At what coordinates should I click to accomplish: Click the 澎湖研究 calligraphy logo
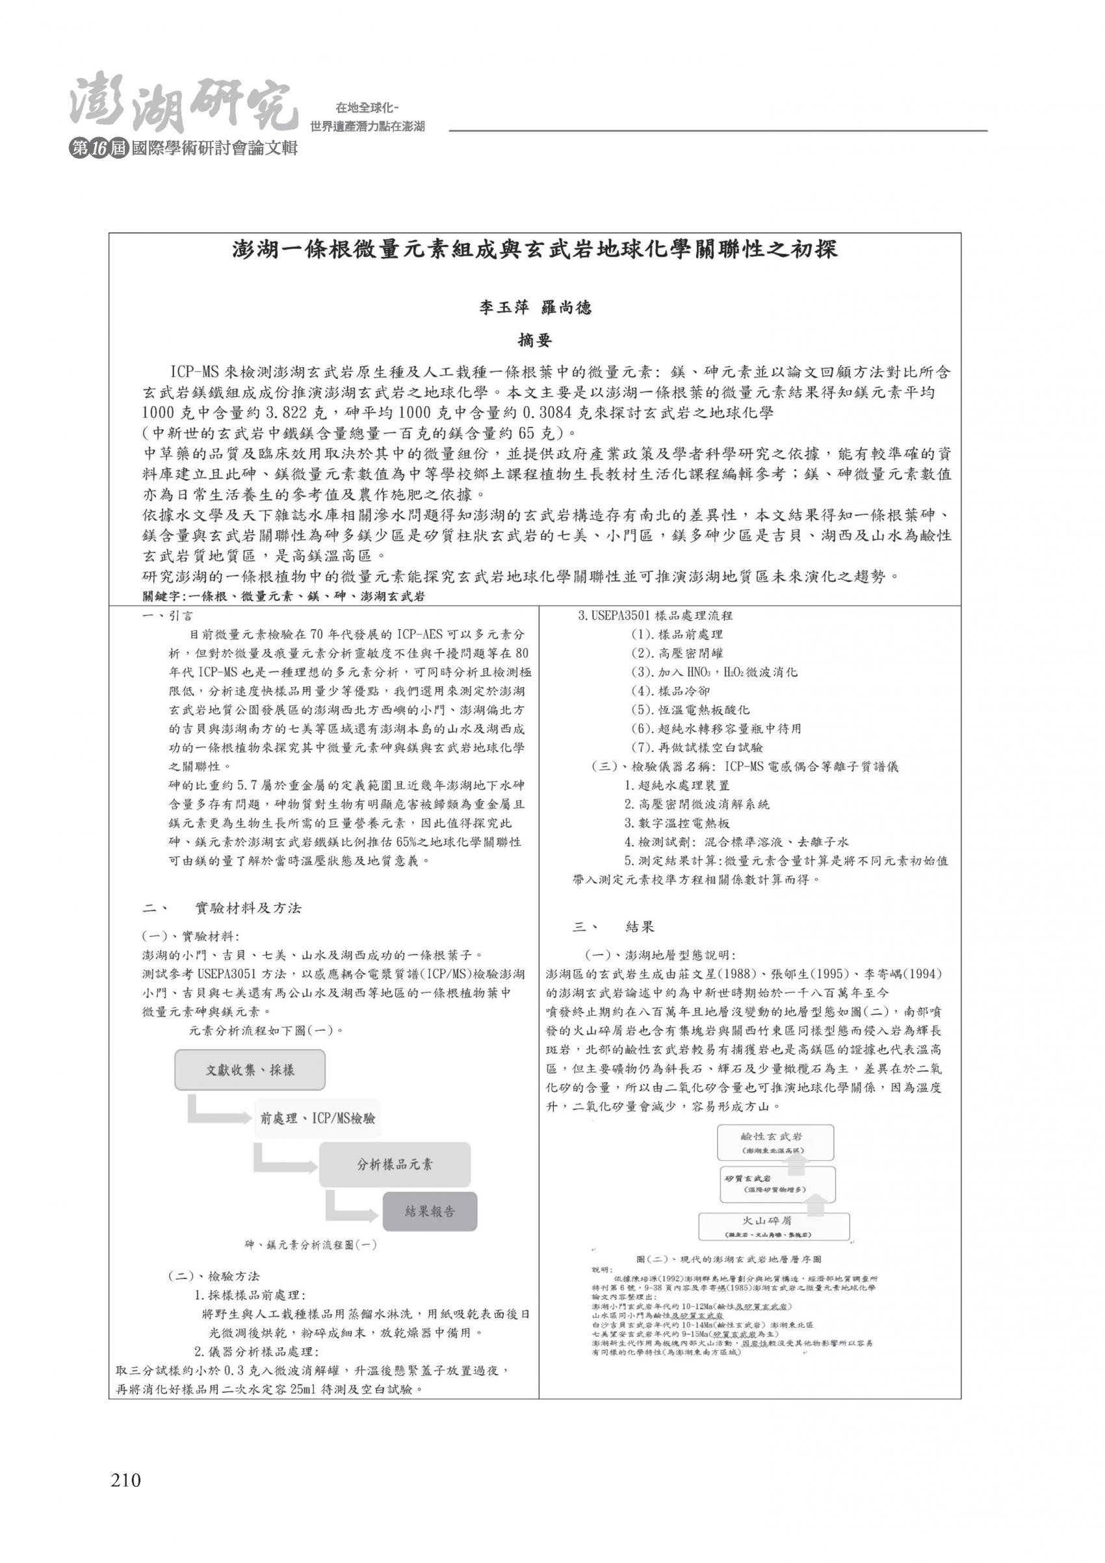point(184,105)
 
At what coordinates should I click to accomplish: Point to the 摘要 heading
point(534,340)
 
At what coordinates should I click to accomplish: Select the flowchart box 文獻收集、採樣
point(250,1070)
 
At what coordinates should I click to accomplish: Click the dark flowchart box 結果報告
point(430,1211)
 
